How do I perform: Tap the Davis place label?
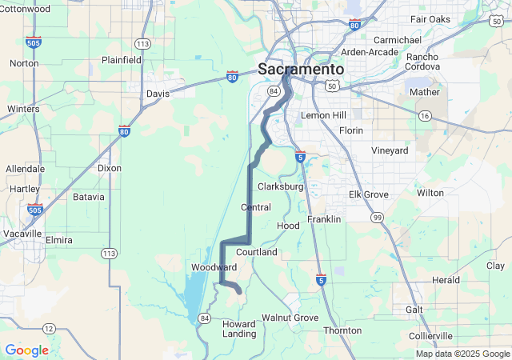pos(158,94)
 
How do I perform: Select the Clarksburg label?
pos(280,186)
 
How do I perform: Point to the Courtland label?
pos(256,252)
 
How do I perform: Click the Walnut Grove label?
pos(290,318)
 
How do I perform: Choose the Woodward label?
pos(214,266)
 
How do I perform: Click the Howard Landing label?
pos(239,329)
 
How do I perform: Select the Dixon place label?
pos(109,168)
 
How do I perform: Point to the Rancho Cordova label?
pos(422,62)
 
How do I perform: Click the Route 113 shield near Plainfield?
pos(143,43)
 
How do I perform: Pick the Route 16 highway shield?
pos(426,116)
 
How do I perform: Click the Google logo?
pos(26,350)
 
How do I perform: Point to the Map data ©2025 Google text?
pos(462,354)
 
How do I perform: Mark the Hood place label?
pos(288,226)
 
